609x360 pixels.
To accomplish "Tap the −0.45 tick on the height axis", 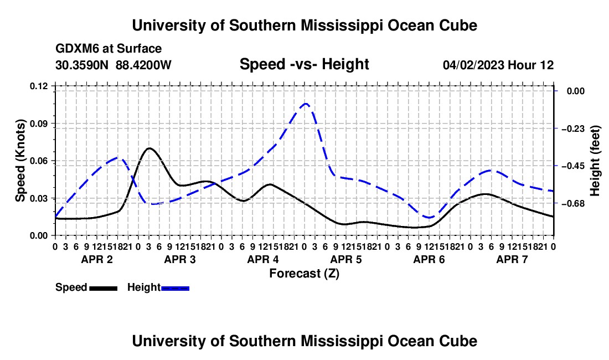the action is click(573, 166).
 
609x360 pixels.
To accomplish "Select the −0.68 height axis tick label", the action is click(573, 203).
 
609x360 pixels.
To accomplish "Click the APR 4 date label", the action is click(263, 259).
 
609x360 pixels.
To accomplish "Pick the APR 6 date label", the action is click(429, 259).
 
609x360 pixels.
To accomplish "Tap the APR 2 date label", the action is click(97, 259).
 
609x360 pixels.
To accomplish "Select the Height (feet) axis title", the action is click(595, 161).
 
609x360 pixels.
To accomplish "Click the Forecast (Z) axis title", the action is click(304, 274).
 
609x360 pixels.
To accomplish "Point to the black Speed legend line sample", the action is click(104, 288).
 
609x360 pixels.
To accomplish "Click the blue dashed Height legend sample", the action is click(175, 288).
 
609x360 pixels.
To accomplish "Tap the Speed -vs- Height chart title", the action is click(304, 64).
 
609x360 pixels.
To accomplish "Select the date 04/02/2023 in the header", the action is click(473, 65).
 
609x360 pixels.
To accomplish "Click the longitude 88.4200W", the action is click(143, 65).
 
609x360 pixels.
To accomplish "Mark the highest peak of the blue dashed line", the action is click(306, 104).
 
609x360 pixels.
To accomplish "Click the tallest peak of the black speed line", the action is click(149, 148).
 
